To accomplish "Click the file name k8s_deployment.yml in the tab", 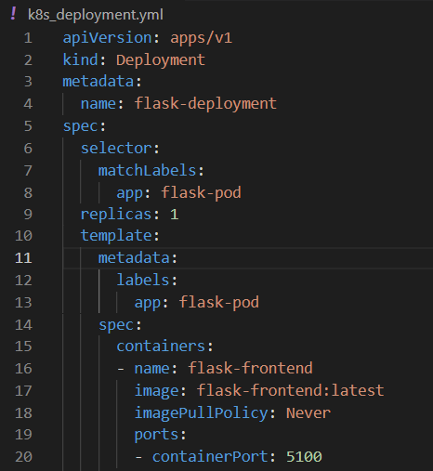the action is point(96,15).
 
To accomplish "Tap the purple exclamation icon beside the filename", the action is point(13,14).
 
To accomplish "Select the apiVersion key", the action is point(107,38).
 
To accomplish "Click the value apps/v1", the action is point(201,38).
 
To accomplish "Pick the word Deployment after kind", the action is point(161,59).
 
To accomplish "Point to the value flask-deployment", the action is point(205,103).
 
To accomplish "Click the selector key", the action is point(116,148).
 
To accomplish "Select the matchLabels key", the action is point(147,170).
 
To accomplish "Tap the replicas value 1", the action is point(175,215).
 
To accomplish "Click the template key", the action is point(116,236).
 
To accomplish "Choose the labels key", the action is point(143,280).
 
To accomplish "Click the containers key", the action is point(161,346).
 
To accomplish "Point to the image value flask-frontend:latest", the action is point(290,390).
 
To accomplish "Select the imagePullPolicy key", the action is point(201,413).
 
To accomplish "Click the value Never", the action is point(308,413).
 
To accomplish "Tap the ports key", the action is point(156,435).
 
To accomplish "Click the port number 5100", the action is point(304,457).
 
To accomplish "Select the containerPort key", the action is point(210,457).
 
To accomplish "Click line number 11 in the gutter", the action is point(23,258).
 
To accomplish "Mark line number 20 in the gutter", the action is point(23,457).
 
